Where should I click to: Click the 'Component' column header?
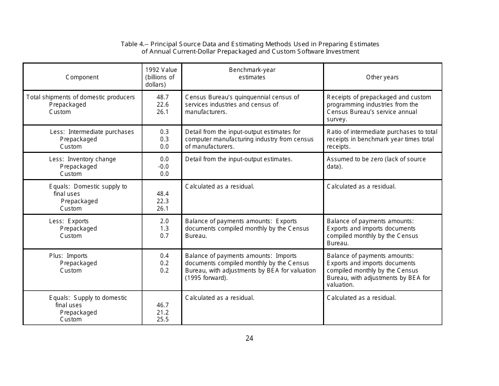point(82,77)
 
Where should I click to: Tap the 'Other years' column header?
point(382,77)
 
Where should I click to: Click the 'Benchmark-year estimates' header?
point(252,74)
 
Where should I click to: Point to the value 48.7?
point(162,97)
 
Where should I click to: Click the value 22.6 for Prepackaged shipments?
point(162,105)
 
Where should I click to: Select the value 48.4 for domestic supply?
point(162,194)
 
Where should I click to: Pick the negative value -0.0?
point(163,166)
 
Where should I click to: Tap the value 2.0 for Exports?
point(164,221)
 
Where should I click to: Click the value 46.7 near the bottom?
point(162,305)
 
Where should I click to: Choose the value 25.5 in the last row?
point(162,319)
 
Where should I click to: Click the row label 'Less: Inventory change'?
point(82,159)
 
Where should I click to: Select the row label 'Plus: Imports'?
point(68,256)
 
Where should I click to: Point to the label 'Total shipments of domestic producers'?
point(80,97)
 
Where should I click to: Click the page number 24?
point(250,338)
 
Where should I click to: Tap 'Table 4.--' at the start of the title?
point(134,44)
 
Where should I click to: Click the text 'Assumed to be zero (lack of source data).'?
point(376,163)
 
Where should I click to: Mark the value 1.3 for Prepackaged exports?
point(164,228)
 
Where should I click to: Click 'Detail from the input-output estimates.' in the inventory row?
point(238,159)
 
